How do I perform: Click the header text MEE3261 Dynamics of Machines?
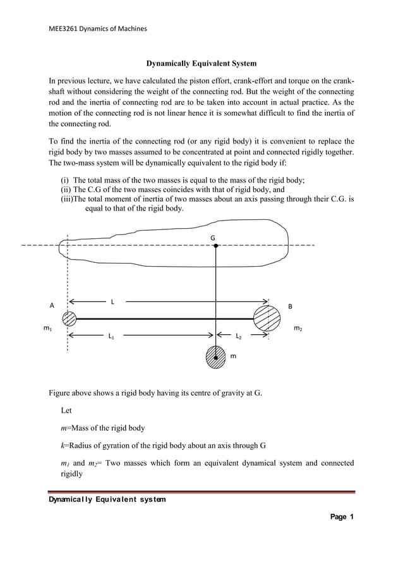click(x=94, y=28)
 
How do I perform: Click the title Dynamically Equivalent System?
click(x=201, y=64)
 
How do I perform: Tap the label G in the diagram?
click(x=213, y=238)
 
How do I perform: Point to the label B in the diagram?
click(x=290, y=306)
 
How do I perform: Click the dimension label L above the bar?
click(x=112, y=301)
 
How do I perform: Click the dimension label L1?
click(x=112, y=338)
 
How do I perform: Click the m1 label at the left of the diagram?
click(x=47, y=329)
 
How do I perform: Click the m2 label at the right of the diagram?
click(x=298, y=329)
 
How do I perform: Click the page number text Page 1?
click(x=342, y=517)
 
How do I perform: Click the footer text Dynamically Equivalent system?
click(x=108, y=500)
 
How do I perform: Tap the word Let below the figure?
click(x=66, y=411)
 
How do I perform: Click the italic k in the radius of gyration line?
click(x=63, y=445)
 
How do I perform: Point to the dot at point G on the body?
click(x=216, y=246)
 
